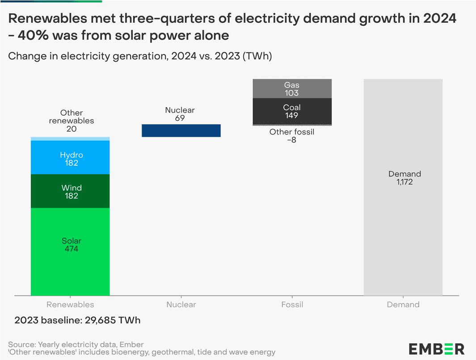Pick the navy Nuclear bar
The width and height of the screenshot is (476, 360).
181,130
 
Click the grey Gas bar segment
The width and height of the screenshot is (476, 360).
292,89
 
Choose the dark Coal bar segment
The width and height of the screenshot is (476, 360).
292,111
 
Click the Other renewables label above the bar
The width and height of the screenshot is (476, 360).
72,121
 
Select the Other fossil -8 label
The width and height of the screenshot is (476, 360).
292,135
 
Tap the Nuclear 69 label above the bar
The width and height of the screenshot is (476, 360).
180,114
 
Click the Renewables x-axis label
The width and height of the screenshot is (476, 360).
70,305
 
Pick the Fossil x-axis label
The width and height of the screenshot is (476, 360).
292,305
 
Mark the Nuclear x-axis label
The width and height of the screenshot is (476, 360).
181,305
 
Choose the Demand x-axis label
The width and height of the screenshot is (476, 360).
403,305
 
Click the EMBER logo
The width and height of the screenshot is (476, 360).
437,348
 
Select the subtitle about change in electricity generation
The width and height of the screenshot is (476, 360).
140,56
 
